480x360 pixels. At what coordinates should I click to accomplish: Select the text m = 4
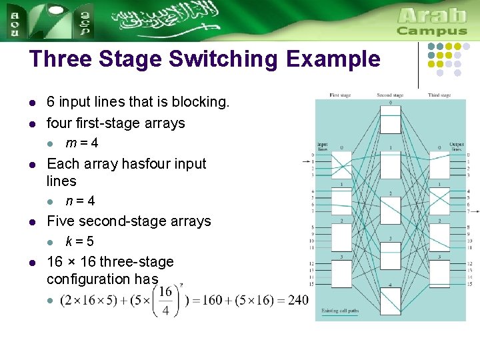[x=82, y=143]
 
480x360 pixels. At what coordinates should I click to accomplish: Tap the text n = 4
[x=80, y=201]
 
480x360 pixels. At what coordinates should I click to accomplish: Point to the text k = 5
[x=80, y=242]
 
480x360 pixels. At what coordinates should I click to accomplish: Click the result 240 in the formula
[x=299, y=301]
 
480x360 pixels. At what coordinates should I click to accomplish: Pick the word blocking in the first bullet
[x=201, y=102]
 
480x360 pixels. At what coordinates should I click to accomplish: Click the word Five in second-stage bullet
[x=61, y=221]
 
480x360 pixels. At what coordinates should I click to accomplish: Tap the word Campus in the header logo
[x=432, y=31]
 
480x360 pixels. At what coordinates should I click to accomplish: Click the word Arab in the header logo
[x=432, y=15]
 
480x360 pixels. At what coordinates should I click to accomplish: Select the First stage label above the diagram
[x=340, y=95]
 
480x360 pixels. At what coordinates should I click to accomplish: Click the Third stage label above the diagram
[x=439, y=95]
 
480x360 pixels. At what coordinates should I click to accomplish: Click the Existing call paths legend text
[x=339, y=311]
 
